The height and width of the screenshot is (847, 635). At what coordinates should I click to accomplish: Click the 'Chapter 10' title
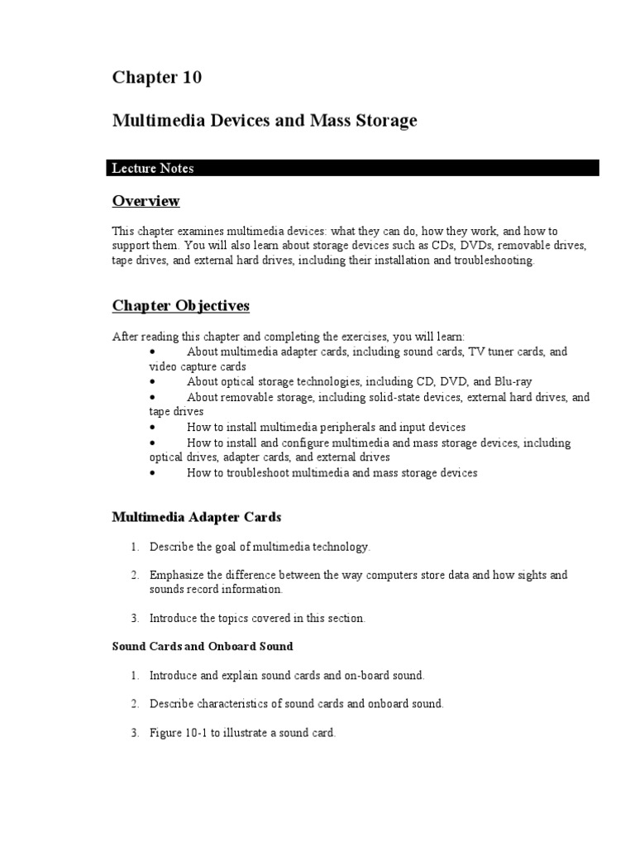tap(157, 78)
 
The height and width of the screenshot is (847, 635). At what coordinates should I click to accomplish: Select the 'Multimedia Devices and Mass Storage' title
tap(265, 121)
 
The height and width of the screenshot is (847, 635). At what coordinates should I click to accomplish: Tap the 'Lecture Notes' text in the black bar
tap(153, 168)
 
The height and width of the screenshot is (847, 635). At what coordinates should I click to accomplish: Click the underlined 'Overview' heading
tap(146, 201)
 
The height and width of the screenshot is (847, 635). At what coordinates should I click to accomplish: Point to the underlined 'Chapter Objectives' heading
tap(180, 306)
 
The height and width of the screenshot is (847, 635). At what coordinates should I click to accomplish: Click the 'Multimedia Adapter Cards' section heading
tap(197, 517)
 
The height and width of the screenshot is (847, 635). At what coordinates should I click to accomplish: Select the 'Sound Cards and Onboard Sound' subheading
tap(203, 646)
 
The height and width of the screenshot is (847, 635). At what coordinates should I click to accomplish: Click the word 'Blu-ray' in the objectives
tap(513, 381)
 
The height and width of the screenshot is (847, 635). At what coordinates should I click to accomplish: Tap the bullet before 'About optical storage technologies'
tap(153, 381)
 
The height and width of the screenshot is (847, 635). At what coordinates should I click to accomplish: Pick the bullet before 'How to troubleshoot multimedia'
tap(153, 473)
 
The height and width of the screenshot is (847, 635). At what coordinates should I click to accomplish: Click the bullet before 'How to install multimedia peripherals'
tap(153, 428)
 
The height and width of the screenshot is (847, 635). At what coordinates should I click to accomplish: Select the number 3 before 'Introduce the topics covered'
tap(134, 618)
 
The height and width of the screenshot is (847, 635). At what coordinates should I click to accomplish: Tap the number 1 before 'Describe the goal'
tap(134, 547)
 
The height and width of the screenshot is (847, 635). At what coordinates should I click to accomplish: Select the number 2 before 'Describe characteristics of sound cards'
tap(134, 704)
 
